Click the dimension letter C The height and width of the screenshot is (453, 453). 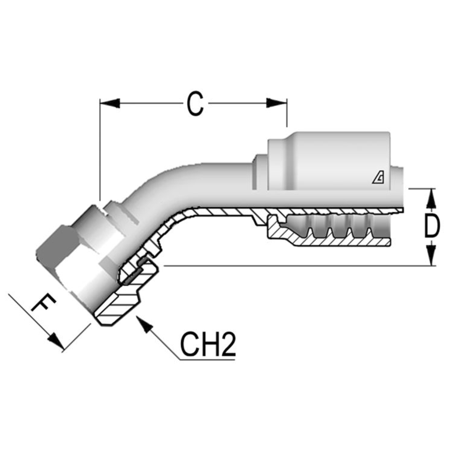pos(195,104)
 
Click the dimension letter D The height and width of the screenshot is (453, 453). pos(432,226)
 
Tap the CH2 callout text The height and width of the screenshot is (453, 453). pos(207,345)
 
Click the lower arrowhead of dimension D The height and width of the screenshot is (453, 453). pos(432,255)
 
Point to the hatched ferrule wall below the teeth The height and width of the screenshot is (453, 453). pos(336,242)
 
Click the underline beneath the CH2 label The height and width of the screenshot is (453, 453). pos(208,359)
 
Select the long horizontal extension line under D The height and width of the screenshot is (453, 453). pos(294,266)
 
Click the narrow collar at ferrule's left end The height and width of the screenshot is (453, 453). pos(259,172)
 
